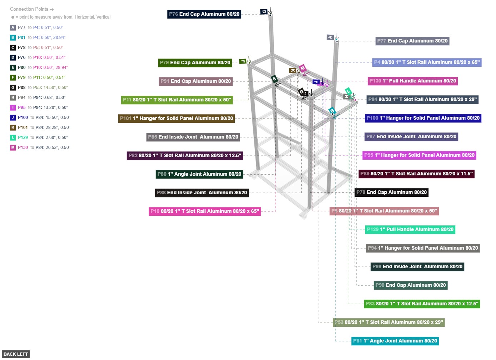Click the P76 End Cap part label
pos(204,14)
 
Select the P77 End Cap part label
pos(412,41)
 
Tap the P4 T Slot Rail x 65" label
pos(427,62)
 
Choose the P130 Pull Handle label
pos(413,81)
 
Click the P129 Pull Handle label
pos(410,229)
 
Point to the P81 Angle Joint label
pos(395,341)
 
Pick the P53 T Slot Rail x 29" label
pos(389,322)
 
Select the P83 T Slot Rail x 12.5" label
pos(422,304)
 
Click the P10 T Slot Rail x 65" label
pos(205,211)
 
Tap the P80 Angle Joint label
pos(199,174)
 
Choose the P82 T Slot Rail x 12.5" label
pos(185,155)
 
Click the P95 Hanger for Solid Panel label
pos(419,155)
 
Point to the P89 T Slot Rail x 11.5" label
pos(416,174)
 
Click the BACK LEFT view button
pos(15,354)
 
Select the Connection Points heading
pos(31,9)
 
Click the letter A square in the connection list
pos(13,27)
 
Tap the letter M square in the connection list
pos(13,147)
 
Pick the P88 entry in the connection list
pos(22,87)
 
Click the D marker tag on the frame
pos(264,12)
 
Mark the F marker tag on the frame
pos(243,61)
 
